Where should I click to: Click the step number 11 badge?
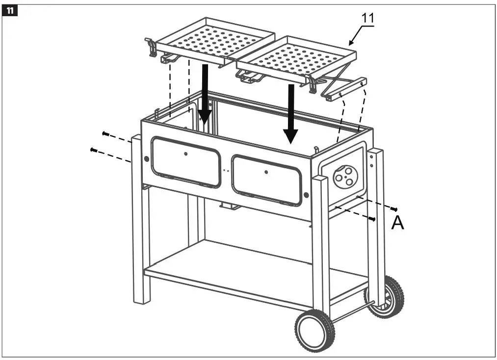pos(10,9)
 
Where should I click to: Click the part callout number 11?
pos(368,18)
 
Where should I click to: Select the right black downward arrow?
pos(291,113)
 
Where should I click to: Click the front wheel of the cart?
pos(314,331)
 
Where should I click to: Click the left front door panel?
pos(186,161)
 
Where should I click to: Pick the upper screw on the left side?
pos(105,133)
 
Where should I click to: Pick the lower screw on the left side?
pos(93,150)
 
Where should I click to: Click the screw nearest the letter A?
pos(394,209)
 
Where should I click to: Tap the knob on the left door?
pos(185,154)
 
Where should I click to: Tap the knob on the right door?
pos(266,172)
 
